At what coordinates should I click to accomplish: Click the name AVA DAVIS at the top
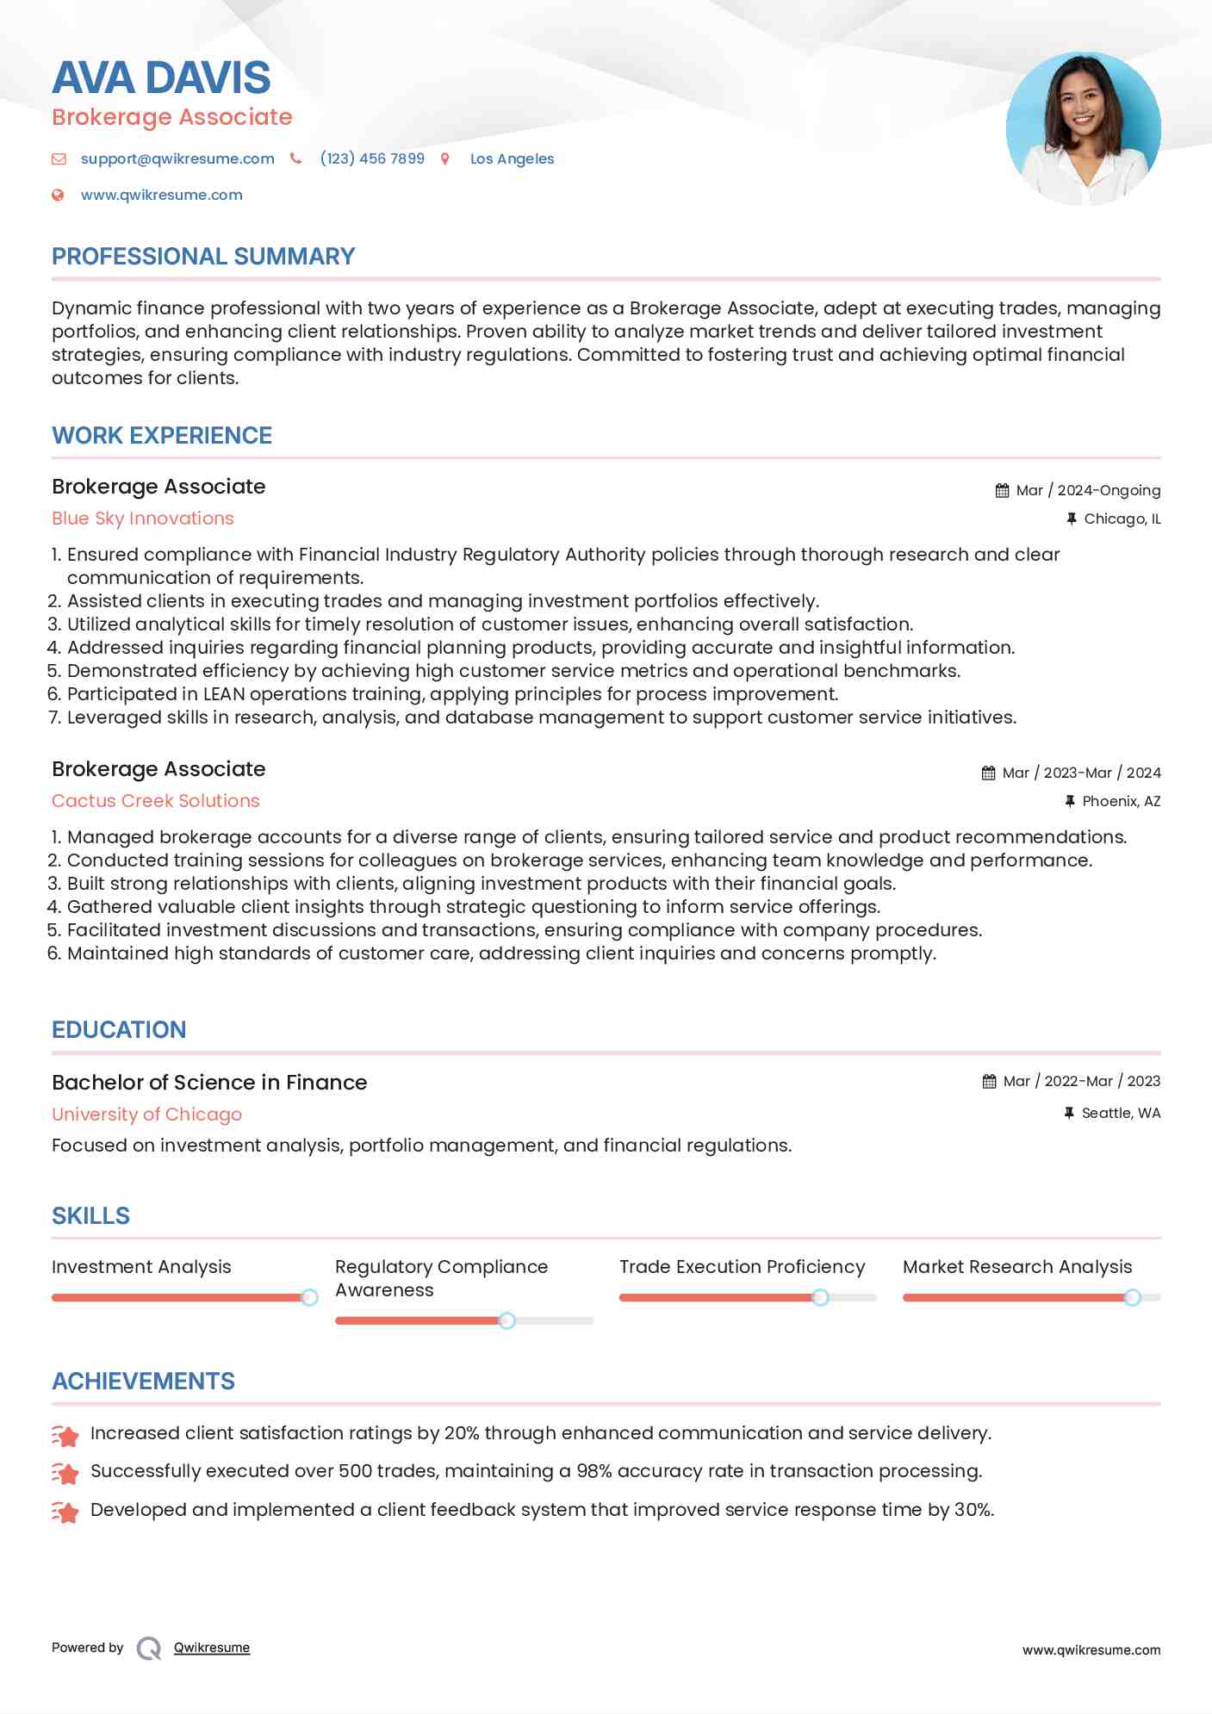(x=161, y=78)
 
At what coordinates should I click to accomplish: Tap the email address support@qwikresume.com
(x=177, y=158)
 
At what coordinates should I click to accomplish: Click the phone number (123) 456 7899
(x=372, y=158)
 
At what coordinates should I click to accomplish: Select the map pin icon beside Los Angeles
(x=445, y=158)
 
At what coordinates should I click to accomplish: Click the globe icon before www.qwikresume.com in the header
(x=58, y=195)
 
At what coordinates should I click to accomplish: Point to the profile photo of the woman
(x=1083, y=128)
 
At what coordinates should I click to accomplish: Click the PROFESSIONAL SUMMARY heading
(x=203, y=257)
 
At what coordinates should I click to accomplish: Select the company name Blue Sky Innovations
(x=143, y=519)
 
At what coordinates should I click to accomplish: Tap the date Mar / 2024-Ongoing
(x=1088, y=490)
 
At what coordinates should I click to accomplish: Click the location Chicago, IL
(x=1122, y=519)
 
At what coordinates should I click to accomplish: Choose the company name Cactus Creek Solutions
(x=156, y=801)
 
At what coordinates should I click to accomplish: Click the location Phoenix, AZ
(x=1121, y=801)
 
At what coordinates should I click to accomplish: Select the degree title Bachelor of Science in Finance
(x=209, y=1083)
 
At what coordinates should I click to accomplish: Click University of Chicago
(x=146, y=1115)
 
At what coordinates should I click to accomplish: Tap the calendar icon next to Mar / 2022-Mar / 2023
(x=989, y=1081)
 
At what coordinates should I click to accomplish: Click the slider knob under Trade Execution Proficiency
(x=821, y=1297)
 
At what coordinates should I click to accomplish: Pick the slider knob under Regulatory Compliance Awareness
(x=507, y=1320)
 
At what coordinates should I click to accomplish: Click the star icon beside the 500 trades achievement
(x=65, y=1473)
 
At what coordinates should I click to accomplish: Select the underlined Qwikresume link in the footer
(x=212, y=1648)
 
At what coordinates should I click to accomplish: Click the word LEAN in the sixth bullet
(x=223, y=694)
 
